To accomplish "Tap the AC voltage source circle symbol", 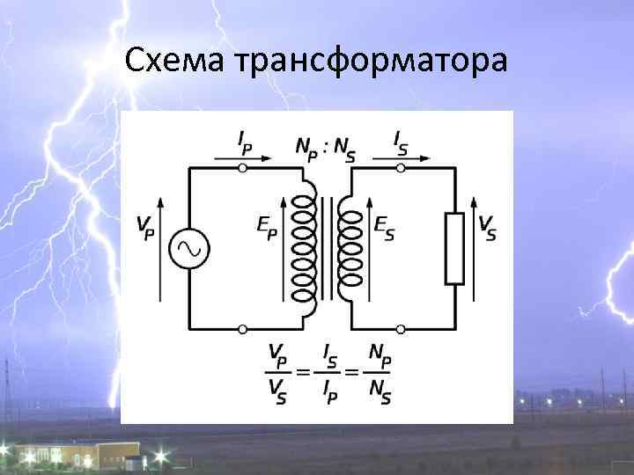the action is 189,248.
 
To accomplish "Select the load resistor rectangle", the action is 454,248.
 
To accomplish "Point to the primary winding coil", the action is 303,249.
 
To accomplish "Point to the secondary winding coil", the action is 350,249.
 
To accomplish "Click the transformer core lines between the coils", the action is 327,249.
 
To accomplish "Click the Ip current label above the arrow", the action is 244,142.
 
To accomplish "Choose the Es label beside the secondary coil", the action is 385,227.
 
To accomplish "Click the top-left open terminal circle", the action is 243,166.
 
